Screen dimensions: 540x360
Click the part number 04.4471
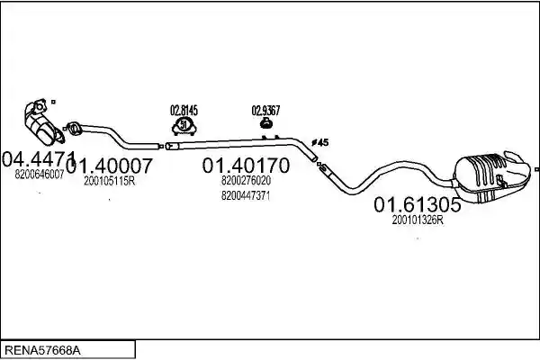coord(39,158)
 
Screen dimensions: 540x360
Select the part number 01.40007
coord(109,166)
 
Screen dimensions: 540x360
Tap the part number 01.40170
coord(246,166)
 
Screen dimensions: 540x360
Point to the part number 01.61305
coord(417,204)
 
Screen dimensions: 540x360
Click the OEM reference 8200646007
coord(40,175)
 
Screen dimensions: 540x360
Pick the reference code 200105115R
coord(110,181)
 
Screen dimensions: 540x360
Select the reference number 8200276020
coord(246,180)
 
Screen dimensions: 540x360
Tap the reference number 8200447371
coord(246,195)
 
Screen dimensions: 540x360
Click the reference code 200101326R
coord(418,220)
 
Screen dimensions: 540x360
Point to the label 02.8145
coord(184,111)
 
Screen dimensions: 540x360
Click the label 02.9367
coord(265,111)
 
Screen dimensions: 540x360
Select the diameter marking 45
coord(320,142)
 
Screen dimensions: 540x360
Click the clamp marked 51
coord(184,126)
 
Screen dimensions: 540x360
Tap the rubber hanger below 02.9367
coord(265,123)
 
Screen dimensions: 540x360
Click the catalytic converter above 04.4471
coord(43,122)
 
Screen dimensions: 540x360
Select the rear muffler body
coord(491,175)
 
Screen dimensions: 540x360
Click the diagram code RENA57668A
coord(43,350)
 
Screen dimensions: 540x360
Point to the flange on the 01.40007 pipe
coord(74,128)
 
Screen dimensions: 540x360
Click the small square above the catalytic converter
coord(53,102)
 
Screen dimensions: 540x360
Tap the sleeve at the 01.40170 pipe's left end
coord(172,146)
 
